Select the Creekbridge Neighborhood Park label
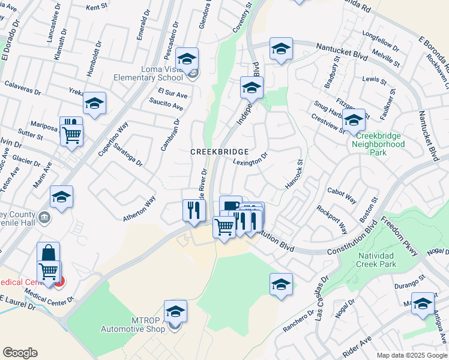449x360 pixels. [x=378, y=148]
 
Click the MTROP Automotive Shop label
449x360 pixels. [x=132, y=325]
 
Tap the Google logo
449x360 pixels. [x=20, y=353]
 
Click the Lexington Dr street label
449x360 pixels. [x=250, y=161]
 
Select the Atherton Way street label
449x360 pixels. [x=140, y=208]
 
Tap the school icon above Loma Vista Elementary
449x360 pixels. [x=187, y=58]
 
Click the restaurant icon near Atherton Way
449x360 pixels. [x=194, y=210]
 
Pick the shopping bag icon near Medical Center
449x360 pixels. [x=48, y=253]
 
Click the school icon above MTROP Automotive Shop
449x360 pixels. [x=175, y=311]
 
